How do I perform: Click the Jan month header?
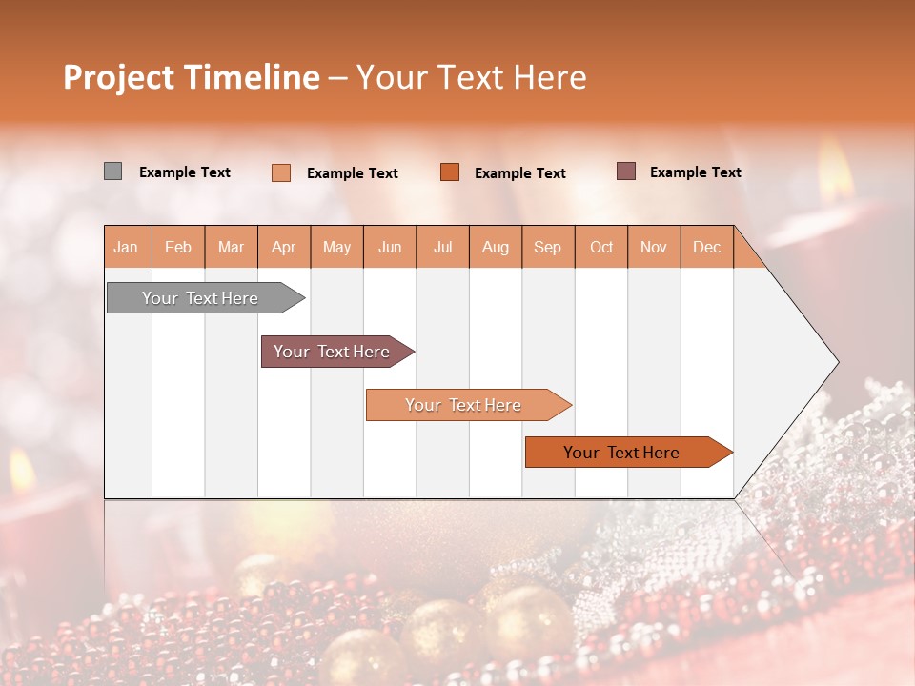[127, 247]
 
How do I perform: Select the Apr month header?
[284, 247]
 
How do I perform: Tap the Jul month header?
[442, 247]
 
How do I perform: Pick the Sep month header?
[548, 247]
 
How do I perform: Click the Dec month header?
[706, 247]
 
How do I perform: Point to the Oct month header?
[601, 247]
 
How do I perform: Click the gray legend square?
[112, 171]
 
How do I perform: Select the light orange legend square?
[281, 172]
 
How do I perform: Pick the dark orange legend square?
[450, 171]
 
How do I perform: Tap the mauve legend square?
[625, 171]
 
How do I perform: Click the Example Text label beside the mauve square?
[695, 172]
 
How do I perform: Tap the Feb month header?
[178, 247]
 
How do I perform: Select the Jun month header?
[390, 247]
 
